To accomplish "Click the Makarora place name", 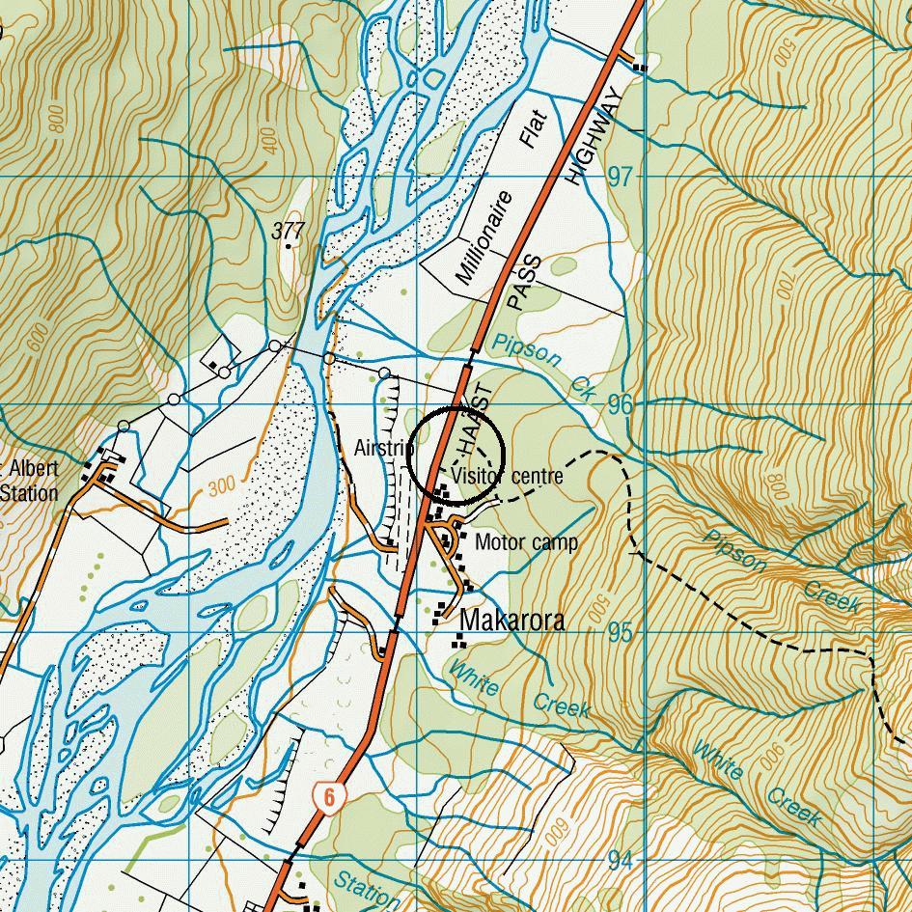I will pos(511,621).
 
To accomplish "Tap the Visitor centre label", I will pos(506,476).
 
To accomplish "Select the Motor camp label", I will pos(526,542).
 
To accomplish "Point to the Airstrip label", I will pos(383,449).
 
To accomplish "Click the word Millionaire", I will pos(482,238).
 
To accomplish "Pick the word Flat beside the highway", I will pos(533,129).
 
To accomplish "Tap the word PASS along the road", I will pos(520,283).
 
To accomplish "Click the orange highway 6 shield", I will pos(329,797).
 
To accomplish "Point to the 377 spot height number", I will pos(288,231).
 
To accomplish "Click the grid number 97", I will pos(621,177).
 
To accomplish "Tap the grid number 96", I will pos(621,404).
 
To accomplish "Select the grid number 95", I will pos(621,632).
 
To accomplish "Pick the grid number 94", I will pos(621,860).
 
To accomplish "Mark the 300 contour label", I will pos(221,486).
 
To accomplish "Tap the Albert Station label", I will pos(29,481).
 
